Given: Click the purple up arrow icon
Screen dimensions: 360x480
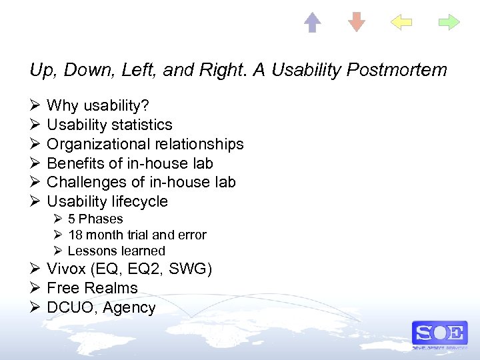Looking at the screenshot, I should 313,23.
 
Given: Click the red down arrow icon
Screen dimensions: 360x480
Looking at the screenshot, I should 357,22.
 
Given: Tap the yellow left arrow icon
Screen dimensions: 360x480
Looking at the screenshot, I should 401,23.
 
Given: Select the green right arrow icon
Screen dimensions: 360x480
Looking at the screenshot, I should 449,23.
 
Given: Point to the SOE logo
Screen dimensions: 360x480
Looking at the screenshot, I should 439,333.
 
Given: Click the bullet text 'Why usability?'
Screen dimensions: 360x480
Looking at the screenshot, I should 98,105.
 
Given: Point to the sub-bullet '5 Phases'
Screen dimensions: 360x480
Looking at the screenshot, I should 95,219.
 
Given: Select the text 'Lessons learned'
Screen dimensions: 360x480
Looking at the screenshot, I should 116,251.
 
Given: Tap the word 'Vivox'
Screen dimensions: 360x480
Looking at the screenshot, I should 65,269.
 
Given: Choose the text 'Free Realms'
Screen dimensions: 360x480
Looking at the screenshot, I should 92,288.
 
